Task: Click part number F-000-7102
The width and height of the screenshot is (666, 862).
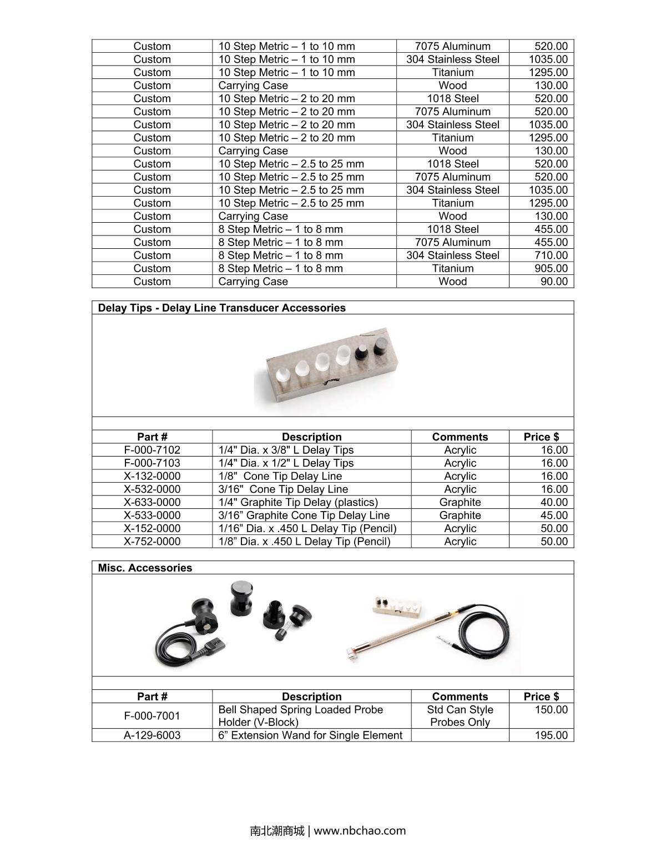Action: click(152, 450)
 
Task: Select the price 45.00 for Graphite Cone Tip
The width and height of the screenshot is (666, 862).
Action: click(554, 515)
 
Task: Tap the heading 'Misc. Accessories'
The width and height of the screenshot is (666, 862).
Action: click(145, 568)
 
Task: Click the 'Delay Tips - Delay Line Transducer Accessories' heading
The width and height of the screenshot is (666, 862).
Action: click(221, 308)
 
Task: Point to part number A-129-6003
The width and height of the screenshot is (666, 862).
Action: click(152, 735)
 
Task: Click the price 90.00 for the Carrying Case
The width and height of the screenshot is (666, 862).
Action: click(554, 282)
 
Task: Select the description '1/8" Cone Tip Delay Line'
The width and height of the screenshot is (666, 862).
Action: click(280, 476)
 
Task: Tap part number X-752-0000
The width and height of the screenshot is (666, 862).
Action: click(152, 542)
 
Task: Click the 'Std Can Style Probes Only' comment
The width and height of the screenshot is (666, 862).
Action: click(460, 716)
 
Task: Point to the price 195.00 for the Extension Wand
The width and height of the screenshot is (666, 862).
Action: click(551, 735)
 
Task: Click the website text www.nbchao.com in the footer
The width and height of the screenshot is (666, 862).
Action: click(360, 831)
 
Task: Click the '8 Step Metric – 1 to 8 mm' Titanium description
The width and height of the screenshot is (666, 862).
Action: click(280, 268)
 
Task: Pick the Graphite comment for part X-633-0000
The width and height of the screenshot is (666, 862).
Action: click(460, 502)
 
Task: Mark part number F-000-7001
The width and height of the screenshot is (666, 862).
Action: click(152, 716)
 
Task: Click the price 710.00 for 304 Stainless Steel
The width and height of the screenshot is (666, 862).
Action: click(551, 255)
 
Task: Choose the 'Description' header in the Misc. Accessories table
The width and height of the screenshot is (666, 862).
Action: click(311, 696)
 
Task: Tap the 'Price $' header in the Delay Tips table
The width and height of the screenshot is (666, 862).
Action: click(541, 437)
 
